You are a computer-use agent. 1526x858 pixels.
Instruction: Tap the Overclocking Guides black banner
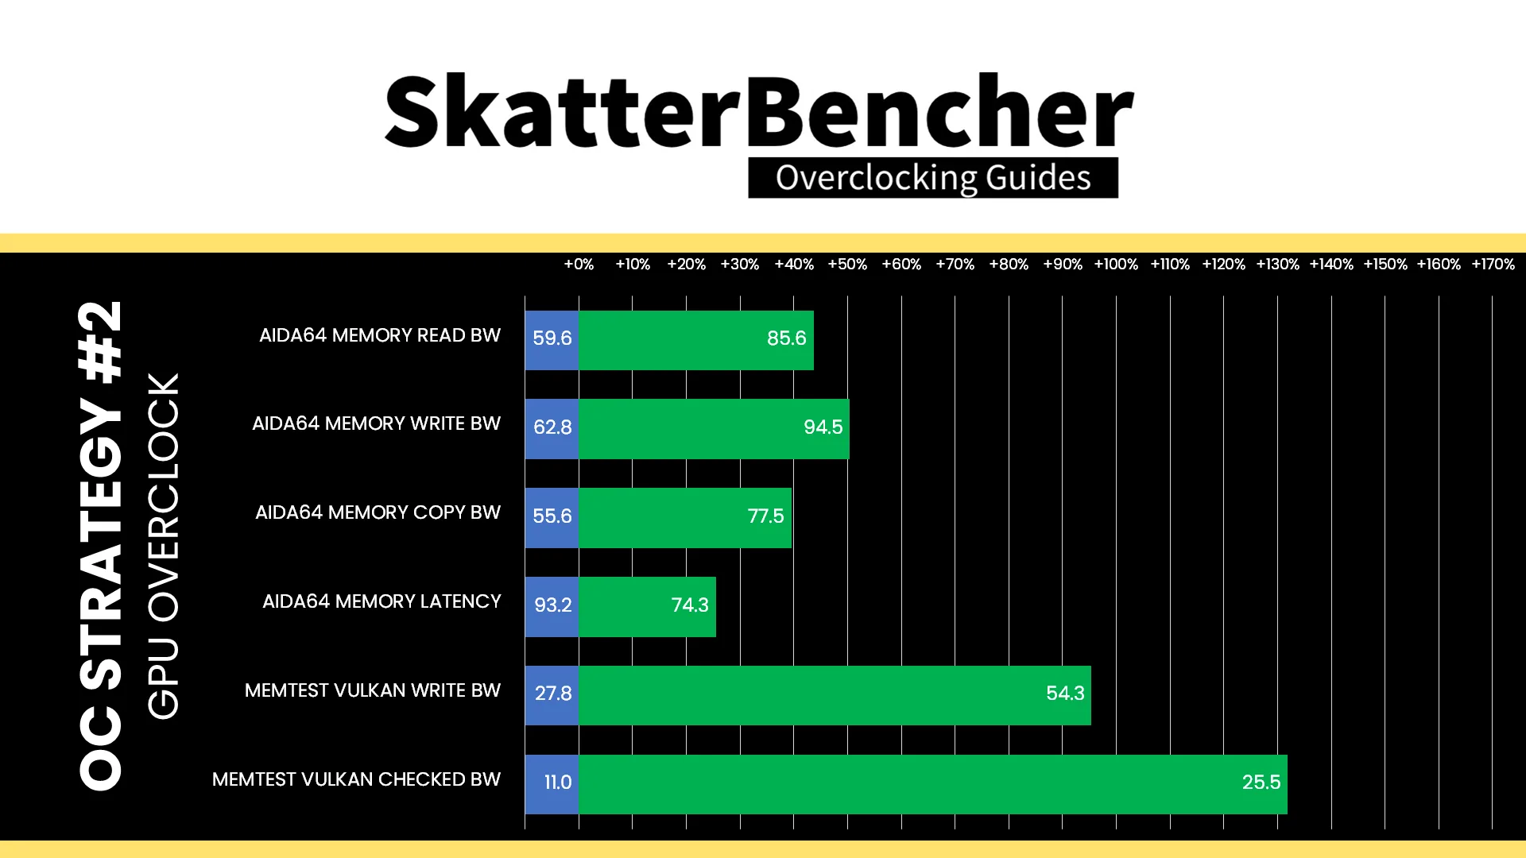coord(933,178)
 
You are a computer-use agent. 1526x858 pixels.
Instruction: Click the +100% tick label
coord(1116,265)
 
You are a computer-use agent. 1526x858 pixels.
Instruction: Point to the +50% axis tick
coord(847,265)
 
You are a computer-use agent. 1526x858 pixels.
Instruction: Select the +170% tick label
coord(1493,265)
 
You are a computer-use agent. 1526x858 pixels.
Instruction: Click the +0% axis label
coord(579,265)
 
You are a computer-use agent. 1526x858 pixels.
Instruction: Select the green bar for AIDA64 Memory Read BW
coord(696,340)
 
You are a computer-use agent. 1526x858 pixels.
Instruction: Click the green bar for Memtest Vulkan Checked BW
coord(933,784)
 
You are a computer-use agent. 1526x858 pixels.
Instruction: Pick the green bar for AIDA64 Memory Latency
coord(647,607)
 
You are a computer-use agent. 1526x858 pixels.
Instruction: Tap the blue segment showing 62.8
coord(552,429)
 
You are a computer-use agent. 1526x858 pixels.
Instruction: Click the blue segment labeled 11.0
coord(552,784)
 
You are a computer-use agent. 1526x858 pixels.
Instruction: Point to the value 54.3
coord(1065,694)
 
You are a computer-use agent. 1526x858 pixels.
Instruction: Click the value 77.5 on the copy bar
coord(765,516)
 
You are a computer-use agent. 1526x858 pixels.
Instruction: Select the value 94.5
coord(823,427)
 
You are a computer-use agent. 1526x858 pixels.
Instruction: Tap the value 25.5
coord(1261,783)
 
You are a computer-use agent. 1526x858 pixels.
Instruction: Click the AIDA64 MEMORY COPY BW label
coord(378,513)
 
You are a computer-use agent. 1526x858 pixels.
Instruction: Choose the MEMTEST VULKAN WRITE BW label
coord(373,691)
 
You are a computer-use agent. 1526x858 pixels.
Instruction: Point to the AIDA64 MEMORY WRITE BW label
coord(376,424)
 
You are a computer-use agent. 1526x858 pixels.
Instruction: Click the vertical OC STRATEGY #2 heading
coord(101,546)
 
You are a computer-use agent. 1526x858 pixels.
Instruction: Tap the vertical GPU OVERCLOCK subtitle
coord(164,547)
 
